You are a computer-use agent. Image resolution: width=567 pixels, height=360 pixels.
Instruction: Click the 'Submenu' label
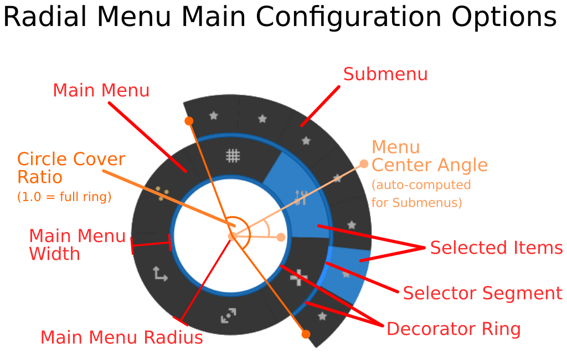[x=385, y=74]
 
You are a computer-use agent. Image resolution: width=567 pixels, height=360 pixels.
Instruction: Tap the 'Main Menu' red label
[x=101, y=90]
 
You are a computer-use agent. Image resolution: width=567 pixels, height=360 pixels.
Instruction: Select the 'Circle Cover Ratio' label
[x=71, y=168]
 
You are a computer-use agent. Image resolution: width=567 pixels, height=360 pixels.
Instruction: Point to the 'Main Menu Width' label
[x=77, y=245]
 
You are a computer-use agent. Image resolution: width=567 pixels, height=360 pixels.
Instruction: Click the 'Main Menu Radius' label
[x=122, y=337]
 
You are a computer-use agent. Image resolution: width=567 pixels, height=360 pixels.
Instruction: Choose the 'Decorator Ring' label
[x=453, y=329]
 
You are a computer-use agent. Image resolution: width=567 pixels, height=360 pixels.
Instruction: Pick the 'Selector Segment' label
[x=482, y=293]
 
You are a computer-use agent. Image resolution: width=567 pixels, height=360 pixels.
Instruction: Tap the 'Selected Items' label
[x=496, y=248]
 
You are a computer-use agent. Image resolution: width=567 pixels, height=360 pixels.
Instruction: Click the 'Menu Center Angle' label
[x=429, y=156]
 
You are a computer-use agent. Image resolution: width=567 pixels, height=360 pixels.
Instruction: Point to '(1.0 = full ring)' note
[x=64, y=197]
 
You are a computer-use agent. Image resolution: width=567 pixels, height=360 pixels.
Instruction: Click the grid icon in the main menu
[x=233, y=156]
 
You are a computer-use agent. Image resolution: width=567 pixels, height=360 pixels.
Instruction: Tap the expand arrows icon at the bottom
[x=228, y=316]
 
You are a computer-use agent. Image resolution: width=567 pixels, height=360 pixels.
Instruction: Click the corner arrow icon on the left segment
[x=161, y=274]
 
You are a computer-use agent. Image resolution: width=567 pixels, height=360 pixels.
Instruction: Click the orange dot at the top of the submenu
[x=189, y=121]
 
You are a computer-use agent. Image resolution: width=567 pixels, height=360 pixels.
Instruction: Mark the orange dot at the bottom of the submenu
[x=306, y=334]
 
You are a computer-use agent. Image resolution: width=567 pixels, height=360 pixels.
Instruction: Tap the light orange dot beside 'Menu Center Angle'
[x=364, y=163]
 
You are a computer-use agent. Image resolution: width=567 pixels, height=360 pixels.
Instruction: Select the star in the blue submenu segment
[x=346, y=274]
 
